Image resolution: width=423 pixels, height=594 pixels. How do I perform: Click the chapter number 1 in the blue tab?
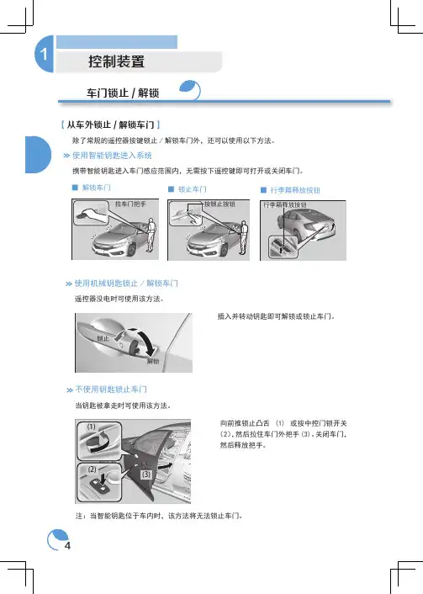[44, 54]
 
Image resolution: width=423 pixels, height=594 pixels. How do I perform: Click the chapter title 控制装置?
[117, 61]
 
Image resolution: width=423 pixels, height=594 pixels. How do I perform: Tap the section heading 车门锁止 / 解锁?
[123, 93]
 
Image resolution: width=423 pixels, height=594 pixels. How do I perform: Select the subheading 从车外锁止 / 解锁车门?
[110, 125]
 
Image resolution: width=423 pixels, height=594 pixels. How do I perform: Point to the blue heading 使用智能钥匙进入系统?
[112, 156]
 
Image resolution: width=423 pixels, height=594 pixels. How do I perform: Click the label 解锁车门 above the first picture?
[96, 188]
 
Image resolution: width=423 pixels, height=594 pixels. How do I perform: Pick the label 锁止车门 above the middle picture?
[193, 189]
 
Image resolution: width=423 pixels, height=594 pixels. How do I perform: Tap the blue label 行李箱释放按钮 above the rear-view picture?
[295, 190]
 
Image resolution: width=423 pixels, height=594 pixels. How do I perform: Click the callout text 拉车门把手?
[130, 204]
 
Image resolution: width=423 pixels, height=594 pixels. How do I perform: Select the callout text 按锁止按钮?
[219, 204]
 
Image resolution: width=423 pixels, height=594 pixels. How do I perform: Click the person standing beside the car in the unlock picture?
[151, 235]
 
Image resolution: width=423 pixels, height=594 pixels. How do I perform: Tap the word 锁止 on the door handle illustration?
[103, 339]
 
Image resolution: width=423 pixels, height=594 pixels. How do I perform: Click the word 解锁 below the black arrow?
[153, 362]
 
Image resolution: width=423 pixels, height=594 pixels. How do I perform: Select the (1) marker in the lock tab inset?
[92, 427]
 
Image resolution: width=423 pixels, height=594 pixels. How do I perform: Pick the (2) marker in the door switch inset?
[92, 469]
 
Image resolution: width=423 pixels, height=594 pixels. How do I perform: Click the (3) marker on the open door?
[146, 475]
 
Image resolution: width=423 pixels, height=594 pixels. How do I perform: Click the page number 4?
[67, 546]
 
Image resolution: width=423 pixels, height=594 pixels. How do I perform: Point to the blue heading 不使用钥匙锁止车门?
[111, 390]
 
